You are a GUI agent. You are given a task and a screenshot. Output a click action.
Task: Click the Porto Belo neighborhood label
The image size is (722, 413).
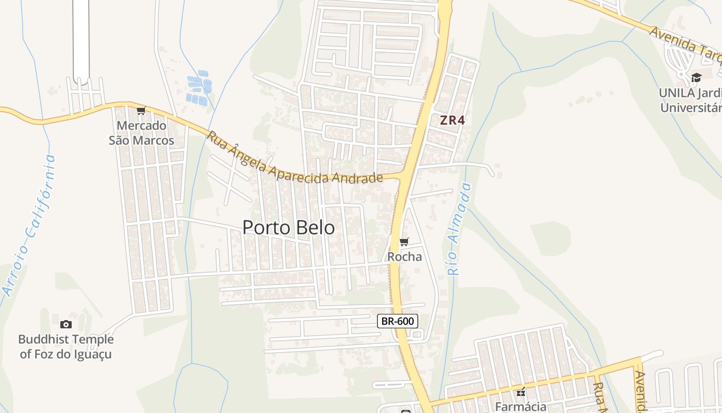click(x=288, y=227)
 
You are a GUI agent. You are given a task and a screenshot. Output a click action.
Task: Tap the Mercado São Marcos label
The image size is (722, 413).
click(x=141, y=133)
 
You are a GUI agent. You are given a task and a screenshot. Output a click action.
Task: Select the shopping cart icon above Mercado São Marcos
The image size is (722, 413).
click(x=141, y=110)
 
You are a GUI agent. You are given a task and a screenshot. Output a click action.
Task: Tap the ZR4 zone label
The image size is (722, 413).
click(x=452, y=120)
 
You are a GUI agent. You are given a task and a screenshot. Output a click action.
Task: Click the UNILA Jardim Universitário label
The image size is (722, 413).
click(x=691, y=100)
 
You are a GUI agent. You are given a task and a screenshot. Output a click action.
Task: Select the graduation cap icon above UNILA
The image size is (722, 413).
click(x=696, y=78)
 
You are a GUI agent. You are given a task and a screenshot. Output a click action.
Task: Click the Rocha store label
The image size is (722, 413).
click(x=404, y=257)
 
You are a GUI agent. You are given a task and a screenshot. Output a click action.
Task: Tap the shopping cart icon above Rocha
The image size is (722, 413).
click(x=404, y=242)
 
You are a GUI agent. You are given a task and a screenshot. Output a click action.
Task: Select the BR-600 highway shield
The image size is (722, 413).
click(x=397, y=321)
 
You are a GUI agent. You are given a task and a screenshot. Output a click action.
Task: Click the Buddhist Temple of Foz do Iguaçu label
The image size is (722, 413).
click(x=66, y=346)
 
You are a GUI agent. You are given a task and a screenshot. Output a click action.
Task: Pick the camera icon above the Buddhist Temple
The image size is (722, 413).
click(x=66, y=324)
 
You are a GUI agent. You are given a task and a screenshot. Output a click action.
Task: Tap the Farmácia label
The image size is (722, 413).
click(x=520, y=406)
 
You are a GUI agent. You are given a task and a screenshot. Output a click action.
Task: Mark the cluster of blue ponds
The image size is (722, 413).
click(x=199, y=88)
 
